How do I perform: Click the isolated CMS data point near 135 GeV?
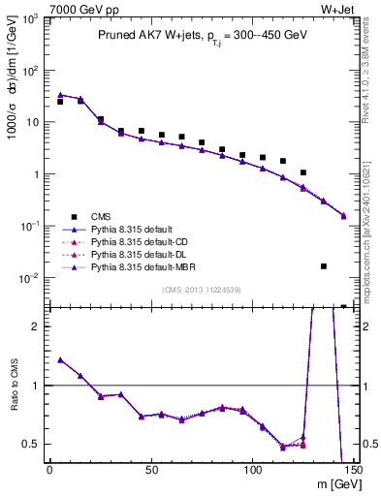tap(324, 265)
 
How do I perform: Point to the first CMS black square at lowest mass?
tap(60, 102)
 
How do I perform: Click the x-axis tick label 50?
tap(150, 470)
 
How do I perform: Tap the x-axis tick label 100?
tap(252, 470)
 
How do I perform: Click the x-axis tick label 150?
tap(353, 470)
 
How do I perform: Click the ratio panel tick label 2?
tap(37, 326)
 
